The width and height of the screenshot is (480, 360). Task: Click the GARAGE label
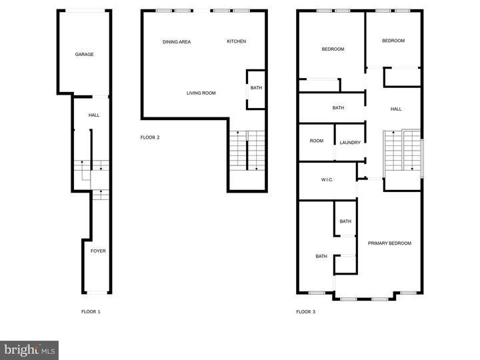84,55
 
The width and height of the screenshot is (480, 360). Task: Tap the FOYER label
98,251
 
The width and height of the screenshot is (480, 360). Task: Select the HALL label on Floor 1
94,115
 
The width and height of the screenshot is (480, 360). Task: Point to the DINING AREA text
177,42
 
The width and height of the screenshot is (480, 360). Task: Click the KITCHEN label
236,41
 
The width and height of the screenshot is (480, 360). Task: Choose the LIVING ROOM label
201,93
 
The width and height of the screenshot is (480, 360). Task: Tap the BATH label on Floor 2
256,88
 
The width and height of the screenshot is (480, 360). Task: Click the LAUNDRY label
350,143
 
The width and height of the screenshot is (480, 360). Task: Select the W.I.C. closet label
327,180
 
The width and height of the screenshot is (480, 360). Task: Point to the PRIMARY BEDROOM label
389,243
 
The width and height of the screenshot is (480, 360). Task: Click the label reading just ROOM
316,141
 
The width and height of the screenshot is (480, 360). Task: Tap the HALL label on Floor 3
396,109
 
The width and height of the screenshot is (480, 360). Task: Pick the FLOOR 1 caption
91,311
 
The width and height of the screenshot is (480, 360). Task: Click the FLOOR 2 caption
150,137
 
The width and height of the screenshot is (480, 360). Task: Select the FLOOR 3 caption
306,311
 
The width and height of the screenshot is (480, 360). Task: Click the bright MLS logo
29,349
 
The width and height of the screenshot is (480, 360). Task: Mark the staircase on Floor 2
247,151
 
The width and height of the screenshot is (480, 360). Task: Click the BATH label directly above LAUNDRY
338,108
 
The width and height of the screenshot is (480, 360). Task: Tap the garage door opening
84,11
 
